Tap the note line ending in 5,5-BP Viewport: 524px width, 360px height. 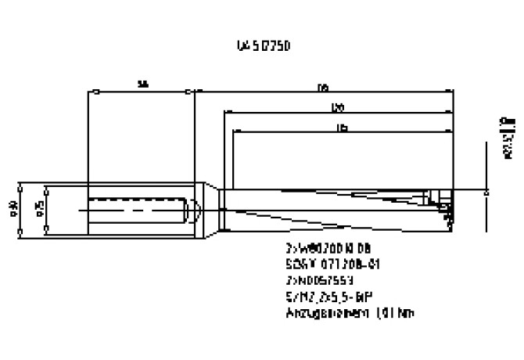click(328, 297)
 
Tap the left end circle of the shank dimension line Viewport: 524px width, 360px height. click(94, 92)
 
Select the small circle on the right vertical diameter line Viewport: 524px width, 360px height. click(486, 189)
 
